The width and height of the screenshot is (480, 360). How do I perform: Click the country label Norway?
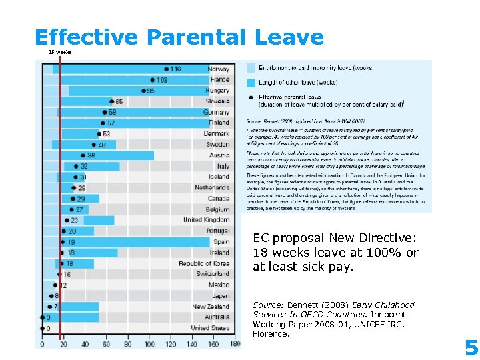coord(219,69)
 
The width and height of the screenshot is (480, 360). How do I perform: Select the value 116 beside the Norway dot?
coord(175,69)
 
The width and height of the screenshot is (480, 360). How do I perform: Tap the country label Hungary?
coord(217,90)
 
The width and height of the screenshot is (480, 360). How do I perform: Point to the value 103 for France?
coord(162,79)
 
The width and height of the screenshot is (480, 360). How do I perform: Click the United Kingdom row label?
coord(206,220)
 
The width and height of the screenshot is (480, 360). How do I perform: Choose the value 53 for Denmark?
coord(107,133)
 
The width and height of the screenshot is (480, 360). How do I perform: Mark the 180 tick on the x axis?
coord(235,344)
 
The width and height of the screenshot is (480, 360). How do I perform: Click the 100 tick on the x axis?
coord(149,344)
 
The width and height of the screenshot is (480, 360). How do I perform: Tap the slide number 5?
coord(471,347)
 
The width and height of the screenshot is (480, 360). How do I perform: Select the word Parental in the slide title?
coord(198,37)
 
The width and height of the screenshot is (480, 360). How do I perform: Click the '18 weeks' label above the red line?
coord(60,52)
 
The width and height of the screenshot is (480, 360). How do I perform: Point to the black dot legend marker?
coord(251,97)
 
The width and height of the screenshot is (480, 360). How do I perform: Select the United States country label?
coord(210,328)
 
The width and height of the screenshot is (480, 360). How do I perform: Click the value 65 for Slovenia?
coord(119,101)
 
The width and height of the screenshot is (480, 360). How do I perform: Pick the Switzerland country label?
coord(213,274)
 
